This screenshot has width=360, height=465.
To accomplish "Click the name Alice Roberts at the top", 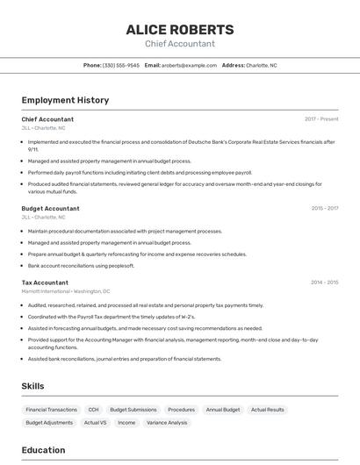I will pos(179,29).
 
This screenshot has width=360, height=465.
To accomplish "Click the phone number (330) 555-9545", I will pos(121,65).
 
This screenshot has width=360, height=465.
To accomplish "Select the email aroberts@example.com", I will pos(189,65).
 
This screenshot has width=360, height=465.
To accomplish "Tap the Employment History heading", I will pos(65,100).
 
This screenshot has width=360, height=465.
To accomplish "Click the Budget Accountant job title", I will pos(50,209).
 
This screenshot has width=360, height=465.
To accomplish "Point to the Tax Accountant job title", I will pos(45,283).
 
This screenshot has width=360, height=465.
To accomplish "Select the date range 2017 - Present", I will pos(321,119).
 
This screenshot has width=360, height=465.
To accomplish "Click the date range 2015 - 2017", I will pos(324,209).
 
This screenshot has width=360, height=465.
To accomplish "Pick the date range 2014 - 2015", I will pos(324,283).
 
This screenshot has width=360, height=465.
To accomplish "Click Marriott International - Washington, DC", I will pos(66,291).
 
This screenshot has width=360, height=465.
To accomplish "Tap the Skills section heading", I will pos(32,386).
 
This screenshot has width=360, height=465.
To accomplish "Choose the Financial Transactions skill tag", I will pos(51,410).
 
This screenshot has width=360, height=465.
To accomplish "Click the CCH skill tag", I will pos(93,410).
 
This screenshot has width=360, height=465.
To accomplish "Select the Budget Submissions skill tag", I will pos(133,410).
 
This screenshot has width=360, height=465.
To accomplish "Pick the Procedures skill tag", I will pos(181,410).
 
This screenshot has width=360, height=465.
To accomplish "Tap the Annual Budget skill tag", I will pos(223,410).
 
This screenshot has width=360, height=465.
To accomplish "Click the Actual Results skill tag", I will pos(267,410).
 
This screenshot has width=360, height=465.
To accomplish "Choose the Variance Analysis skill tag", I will pos(166,423).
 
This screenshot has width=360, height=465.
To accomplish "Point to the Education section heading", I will pos(43,450).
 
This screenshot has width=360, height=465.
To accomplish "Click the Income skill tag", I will pos(126,423).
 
